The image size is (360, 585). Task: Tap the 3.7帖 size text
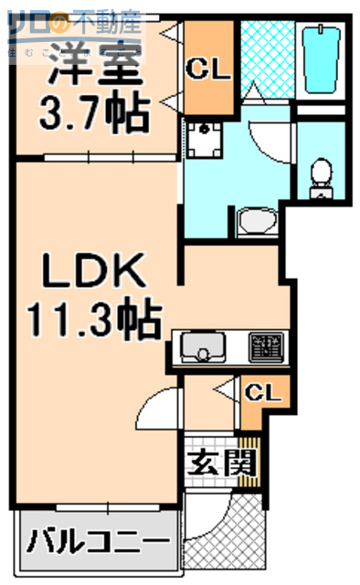click(93, 114)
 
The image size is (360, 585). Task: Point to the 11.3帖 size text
click(93, 321)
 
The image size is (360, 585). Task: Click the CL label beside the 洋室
click(210, 68)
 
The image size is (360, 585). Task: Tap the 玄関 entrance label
click(219, 463)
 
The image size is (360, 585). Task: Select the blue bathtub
click(322, 57)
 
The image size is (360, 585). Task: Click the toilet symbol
click(322, 174)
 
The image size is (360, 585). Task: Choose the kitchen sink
click(203, 348)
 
